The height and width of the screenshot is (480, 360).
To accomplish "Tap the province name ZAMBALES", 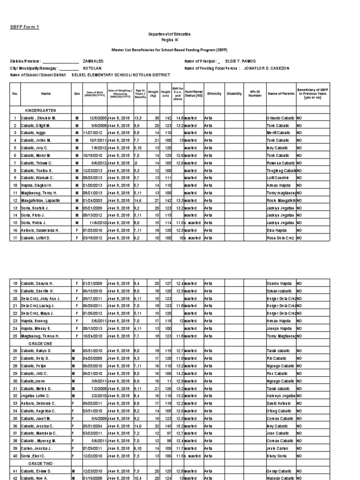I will point(93,61).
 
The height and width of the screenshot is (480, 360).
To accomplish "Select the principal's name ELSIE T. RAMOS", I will point(241,61).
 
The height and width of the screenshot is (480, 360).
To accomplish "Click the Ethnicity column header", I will point(214,94).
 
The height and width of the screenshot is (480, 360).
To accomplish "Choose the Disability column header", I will point(234,94).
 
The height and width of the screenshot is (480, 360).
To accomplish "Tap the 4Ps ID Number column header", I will point(255,94).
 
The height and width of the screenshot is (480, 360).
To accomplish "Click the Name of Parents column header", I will point(281,94).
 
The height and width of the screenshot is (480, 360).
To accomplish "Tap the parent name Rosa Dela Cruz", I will point(280,238).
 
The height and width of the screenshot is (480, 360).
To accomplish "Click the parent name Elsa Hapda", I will point(276,230).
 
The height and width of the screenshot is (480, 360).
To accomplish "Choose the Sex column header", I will point(77,94).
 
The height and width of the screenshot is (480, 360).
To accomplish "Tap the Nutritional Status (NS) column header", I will point(194,94).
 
